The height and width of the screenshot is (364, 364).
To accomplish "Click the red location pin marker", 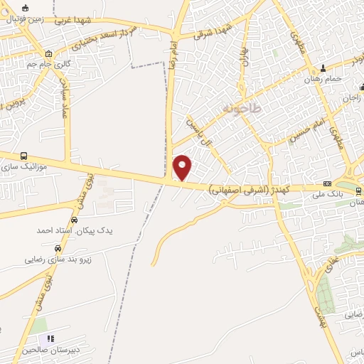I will coord(183,167).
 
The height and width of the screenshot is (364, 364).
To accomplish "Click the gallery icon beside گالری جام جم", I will coord(48,54).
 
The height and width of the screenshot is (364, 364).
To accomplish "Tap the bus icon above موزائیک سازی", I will coord(25,156).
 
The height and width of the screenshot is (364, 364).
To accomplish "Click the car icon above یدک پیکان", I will coord(75,220).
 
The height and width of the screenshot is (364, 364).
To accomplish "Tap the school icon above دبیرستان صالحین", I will coord(50,338).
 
